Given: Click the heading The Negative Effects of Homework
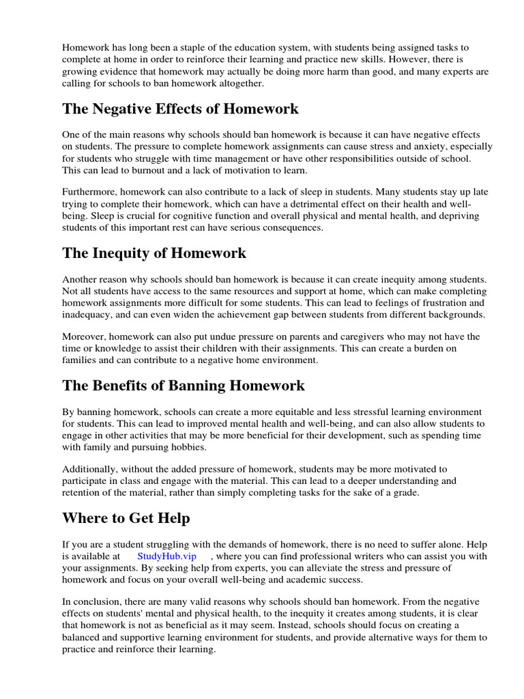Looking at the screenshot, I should (180, 109).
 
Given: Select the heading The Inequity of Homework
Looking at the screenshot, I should (154, 253).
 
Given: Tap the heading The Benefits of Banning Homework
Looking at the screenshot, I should (184, 386).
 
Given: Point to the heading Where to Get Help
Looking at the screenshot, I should (126, 518).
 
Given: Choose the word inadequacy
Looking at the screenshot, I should (89, 315).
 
